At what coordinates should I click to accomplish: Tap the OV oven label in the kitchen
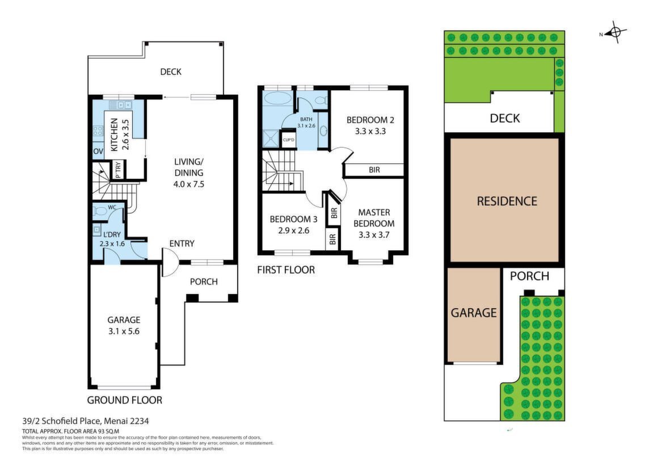click(x=98, y=151)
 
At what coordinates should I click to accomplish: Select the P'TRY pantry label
click(x=118, y=170)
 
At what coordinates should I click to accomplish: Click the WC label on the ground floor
click(x=112, y=207)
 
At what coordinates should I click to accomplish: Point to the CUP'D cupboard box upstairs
click(x=289, y=140)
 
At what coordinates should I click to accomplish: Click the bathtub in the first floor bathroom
click(x=279, y=99)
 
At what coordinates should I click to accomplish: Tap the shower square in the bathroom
click(x=271, y=138)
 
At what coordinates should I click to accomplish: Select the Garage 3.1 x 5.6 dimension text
click(x=124, y=331)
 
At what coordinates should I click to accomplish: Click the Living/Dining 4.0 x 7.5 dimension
click(x=189, y=184)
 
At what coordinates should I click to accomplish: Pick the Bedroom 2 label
click(x=370, y=120)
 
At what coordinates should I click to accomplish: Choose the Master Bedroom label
click(x=374, y=218)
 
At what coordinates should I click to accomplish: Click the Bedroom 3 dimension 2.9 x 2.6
click(x=294, y=230)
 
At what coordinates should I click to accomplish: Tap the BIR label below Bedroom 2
click(x=374, y=170)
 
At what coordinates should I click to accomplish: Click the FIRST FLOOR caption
click(x=286, y=270)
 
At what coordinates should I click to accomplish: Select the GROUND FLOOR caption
click(x=124, y=400)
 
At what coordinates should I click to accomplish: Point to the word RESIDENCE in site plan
click(x=507, y=201)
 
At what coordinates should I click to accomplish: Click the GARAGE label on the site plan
click(x=474, y=313)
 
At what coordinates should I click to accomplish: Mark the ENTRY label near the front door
click(x=182, y=243)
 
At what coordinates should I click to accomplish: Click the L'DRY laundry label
click(x=112, y=234)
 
